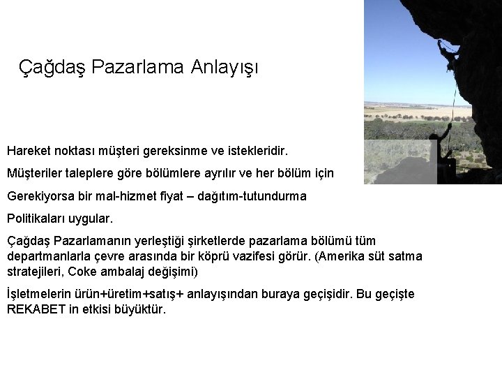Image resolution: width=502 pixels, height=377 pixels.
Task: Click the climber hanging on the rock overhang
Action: (x=446, y=52)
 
